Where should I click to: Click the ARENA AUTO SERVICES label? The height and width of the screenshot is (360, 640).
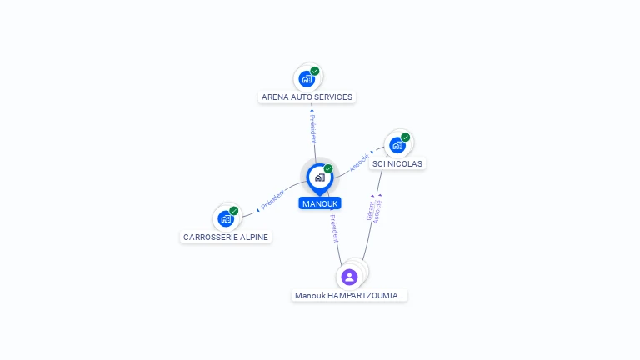(307, 97)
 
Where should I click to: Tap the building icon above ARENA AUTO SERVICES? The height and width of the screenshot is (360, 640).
(307, 79)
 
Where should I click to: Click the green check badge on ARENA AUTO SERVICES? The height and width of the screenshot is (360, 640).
(315, 71)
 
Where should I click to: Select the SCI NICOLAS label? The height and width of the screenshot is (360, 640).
(397, 163)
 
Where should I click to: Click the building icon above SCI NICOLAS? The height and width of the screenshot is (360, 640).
(397, 145)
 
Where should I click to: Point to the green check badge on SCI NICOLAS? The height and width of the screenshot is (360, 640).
(406, 137)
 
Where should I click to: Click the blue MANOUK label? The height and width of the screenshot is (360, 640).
(320, 203)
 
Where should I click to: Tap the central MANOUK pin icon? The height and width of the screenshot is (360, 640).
(319, 177)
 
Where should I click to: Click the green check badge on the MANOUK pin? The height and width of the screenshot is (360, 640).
(328, 168)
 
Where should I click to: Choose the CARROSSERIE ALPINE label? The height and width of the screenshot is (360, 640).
(226, 237)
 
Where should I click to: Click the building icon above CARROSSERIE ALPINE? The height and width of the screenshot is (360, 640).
(225, 218)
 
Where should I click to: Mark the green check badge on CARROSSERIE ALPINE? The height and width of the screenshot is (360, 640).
(234, 210)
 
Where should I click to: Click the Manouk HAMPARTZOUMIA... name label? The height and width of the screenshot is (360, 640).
(349, 295)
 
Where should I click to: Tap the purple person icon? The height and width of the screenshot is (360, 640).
(349, 277)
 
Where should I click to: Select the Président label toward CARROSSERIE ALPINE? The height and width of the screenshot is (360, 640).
(272, 200)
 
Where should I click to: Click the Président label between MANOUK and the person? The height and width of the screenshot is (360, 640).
(333, 227)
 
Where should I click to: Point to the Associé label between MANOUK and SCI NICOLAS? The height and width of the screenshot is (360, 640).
(359, 162)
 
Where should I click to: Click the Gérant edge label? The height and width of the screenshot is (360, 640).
(370, 210)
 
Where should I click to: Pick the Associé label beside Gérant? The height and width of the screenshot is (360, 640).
(377, 211)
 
